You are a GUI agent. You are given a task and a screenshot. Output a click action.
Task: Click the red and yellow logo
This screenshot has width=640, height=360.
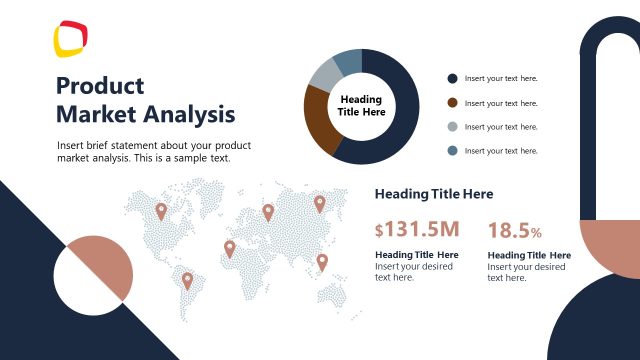tap(71, 39)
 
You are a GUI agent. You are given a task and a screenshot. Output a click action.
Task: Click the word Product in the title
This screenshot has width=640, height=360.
tap(100, 86)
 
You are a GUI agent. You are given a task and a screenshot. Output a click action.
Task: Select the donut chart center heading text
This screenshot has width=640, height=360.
tap(362, 106)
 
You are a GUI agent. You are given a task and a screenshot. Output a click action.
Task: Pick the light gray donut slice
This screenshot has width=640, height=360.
tap(324, 73)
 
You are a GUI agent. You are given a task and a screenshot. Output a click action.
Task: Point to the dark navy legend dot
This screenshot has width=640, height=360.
tap(452, 78)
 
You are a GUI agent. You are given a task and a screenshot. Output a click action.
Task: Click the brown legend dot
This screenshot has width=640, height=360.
tap(452, 102)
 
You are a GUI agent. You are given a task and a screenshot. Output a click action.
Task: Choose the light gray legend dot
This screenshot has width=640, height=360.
tap(452, 126)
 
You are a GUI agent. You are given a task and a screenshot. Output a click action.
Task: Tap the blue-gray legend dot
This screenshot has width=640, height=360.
tap(452, 150)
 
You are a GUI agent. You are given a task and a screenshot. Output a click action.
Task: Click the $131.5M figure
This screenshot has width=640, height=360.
tap(417, 230)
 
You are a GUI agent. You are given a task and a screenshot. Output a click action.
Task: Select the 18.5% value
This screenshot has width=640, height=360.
tap(514, 231)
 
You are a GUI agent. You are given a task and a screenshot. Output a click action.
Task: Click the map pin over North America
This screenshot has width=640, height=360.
tap(161, 210)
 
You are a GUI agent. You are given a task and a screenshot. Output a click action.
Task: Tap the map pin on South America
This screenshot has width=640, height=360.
tap(187, 279)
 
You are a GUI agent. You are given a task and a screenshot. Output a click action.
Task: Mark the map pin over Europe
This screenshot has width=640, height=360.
tap(268, 211)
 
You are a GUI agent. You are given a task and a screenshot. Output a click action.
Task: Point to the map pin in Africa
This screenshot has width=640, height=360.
tap(229, 247)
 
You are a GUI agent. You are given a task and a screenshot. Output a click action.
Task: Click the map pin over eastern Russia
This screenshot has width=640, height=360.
tap(320, 203)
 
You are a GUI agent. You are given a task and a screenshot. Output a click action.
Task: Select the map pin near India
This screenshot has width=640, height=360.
tap(322, 261)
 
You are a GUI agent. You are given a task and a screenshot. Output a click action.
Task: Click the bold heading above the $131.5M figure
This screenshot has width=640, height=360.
tap(433, 194)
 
